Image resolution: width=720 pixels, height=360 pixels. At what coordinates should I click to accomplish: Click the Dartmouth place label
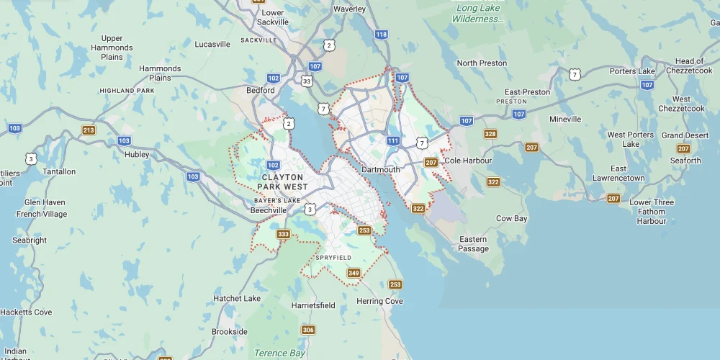(380, 170)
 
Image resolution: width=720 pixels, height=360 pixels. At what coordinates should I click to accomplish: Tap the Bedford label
(261, 91)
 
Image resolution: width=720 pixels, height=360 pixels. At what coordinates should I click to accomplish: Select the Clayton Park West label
(284, 181)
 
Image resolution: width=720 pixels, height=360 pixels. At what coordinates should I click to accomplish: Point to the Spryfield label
(333, 257)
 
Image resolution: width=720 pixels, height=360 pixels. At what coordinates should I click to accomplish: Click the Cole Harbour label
(468, 160)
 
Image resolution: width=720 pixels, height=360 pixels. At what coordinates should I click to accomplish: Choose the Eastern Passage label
(473, 244)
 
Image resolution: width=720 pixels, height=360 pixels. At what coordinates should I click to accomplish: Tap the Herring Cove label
(379, 301)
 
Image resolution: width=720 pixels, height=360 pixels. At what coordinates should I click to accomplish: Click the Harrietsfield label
(313, 305)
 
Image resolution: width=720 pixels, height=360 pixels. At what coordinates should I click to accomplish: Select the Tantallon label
(59, 171)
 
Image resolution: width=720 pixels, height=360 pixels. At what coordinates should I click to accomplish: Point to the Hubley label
(137, 154)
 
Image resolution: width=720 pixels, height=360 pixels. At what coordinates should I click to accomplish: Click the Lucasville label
(212, 44)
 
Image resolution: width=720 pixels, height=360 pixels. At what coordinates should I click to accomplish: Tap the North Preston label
(482, 63)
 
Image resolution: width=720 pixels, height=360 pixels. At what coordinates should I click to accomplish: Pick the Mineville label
(565, 119)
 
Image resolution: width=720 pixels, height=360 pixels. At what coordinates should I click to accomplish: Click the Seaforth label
(685, 161)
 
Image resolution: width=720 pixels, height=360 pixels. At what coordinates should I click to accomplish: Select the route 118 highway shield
(382, 34)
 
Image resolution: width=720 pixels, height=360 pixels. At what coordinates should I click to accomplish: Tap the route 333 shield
(284, 234)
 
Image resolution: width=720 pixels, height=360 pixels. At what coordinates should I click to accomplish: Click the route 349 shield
(354, 273)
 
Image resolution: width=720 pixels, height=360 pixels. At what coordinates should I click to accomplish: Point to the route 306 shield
(308, 330)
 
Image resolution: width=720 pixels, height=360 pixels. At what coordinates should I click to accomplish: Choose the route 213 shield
(89, 130)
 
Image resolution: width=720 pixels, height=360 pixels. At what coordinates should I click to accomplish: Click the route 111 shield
(393, 140)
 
